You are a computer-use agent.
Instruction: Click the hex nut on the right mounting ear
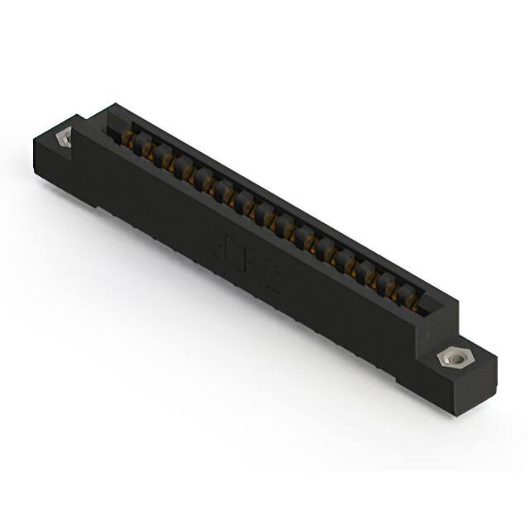(x=452, y=358)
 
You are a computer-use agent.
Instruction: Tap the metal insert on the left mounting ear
(x=63, y=138)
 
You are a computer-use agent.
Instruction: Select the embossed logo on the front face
(x=243, y=257)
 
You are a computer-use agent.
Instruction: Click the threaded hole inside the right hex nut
(x=452, y=358)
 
